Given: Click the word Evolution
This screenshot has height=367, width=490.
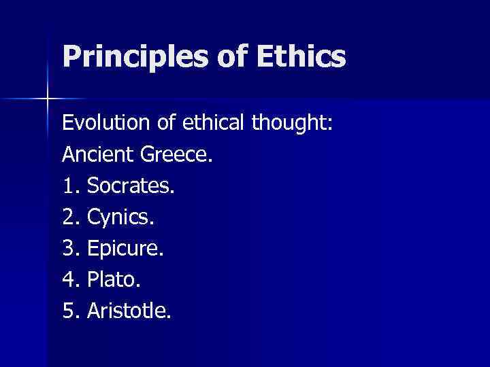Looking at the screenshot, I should point(103,123).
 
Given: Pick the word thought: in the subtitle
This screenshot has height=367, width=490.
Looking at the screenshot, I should point(292,123).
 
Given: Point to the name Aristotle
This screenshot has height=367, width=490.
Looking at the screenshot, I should point(129,311).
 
